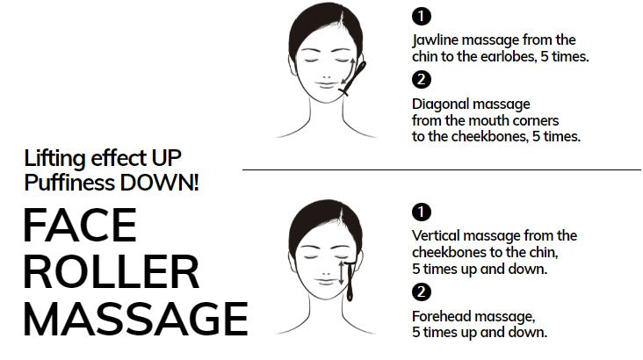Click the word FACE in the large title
tap(80, 225)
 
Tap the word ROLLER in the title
tap(112, 272)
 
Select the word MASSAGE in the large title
tap(136, 319)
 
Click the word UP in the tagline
tap(166, 158)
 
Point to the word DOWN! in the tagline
tap(160, 183)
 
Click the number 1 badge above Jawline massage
tap(421, 17)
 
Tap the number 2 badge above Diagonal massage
tap(421, 80)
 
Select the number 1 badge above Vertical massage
tap(421, 212)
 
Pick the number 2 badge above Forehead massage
tap(421, 292)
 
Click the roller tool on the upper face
tap(353, 78)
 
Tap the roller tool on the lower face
tap(350, 281)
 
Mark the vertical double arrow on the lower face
tap(341, 273)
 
